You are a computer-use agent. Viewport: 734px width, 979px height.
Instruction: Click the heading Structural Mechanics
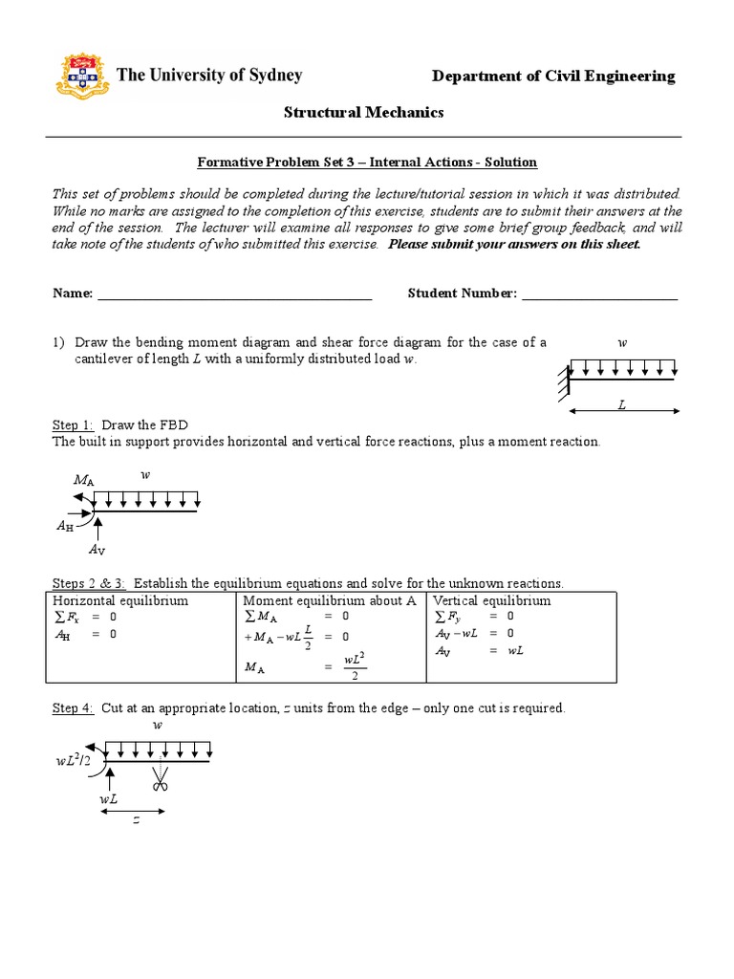click(364, 113)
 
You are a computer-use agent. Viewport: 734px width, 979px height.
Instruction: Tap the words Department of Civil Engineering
click(553, 76)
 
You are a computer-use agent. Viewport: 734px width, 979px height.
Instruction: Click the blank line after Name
click(234, 294)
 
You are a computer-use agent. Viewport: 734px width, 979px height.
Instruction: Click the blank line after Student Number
click(599, 294)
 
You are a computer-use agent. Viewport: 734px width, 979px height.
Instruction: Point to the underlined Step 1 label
click(73, 424)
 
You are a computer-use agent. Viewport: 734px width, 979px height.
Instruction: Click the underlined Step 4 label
click(73, 708)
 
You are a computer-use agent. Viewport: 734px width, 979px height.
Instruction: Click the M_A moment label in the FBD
click(83, 480)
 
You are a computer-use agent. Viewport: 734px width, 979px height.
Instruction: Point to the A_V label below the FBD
click(97, 550)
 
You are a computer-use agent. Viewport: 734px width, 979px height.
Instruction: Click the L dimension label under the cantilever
click(621, 405)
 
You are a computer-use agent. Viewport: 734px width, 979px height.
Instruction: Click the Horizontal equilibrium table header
click(120, 601)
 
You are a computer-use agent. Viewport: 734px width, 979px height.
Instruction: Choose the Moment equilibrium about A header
click(331, 601)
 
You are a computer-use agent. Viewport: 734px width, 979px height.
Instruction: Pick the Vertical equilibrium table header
click(492, 601)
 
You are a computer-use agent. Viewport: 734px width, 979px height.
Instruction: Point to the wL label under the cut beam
click(108, 798)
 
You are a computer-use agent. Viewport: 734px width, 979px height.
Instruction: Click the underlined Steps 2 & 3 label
click(89, 583)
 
